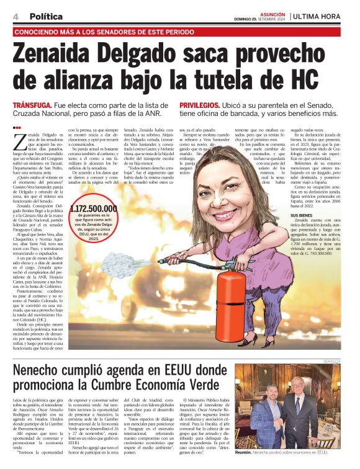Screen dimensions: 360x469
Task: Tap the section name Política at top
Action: point(46,16)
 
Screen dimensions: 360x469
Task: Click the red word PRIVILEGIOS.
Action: point(200,106)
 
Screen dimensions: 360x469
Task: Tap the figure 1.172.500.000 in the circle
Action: point(94,209)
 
